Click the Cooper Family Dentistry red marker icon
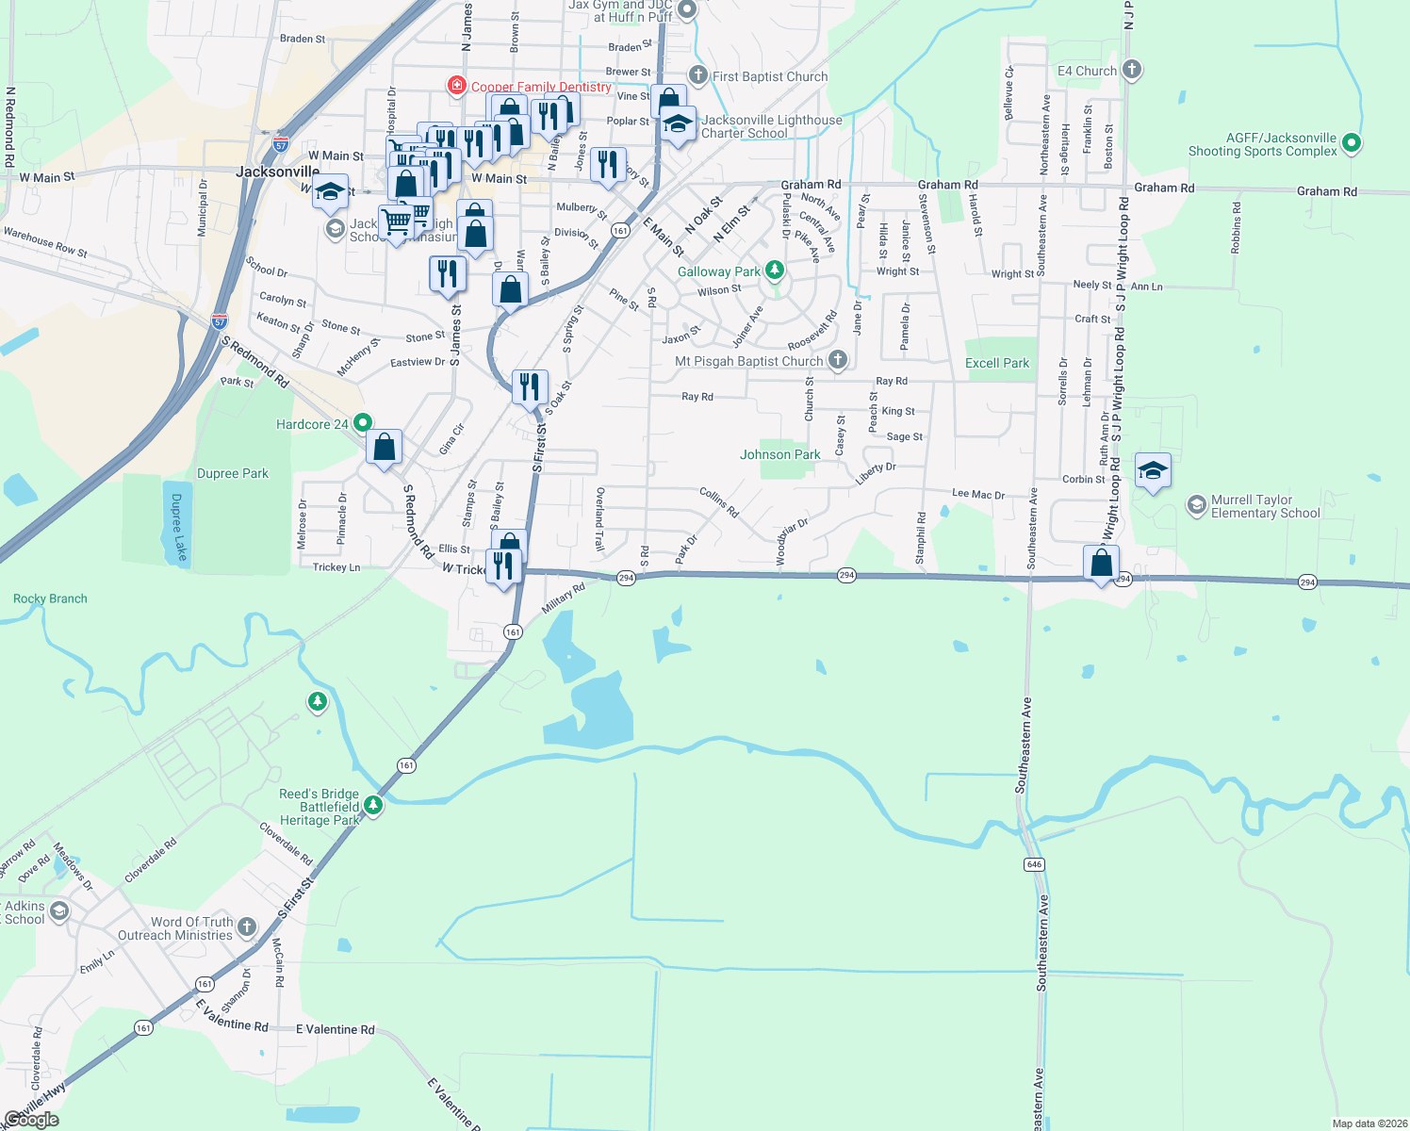pyautogui.click(x=457, y=87)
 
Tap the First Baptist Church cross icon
pyautogui.click(x=698, y=75)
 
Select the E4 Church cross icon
pyautogui.click(x=1132, y=70)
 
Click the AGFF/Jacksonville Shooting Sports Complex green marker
pyautogui.click(x=1352, y=143)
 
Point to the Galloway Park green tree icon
pyautogui.click(x=775, y=271)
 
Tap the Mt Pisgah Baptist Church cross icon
pyautogui.click(x=837, y=360)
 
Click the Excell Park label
pyautogui.click(x=997, y=363)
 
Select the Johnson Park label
pyautogui.click(x=779, y=454)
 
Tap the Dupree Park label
pyautogui.click(x=233, y=473)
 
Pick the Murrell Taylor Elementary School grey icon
pyautogui.click(x=1197, y=505)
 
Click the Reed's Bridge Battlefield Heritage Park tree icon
pyautogui.click(x=373, y=806)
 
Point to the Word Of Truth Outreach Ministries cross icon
pyautogui.click(x=247, y=927)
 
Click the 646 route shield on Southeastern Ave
pyautogui.click(x=1034, y=864)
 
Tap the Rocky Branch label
pyautogui.click(x=50, y=598)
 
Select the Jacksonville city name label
pyautogui.click(x=277, y=172)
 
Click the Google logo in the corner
pyautogui.click(x=31, y=1120)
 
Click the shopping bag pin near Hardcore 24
pyautogui.click(x=385, y=446)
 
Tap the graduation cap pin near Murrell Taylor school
pyautogui.click(x=1153, y=470)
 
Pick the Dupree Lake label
pyautogui.click(x=177, y=528)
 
